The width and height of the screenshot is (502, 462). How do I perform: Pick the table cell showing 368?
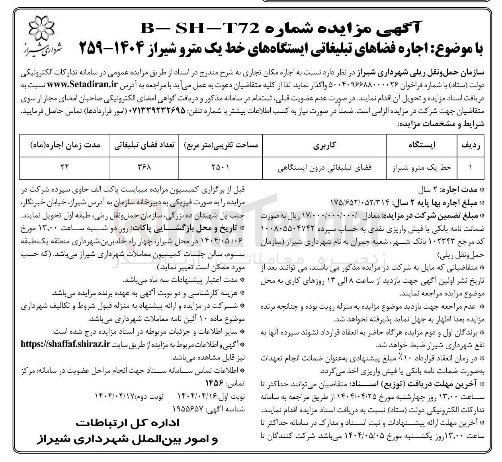click(x=144, y=168)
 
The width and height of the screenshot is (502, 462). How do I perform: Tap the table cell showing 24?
click(x=64, y=168)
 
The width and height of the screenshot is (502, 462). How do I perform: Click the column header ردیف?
click(x=472, y=145)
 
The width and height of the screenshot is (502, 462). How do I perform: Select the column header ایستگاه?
click(x=422, y=145)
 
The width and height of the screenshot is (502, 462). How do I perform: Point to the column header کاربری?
click(x=325, y=145)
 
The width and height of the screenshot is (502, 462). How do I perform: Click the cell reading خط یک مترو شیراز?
click(x=422, y=168)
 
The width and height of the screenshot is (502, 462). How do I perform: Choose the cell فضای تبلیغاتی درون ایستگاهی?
click(x=325, y=168)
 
